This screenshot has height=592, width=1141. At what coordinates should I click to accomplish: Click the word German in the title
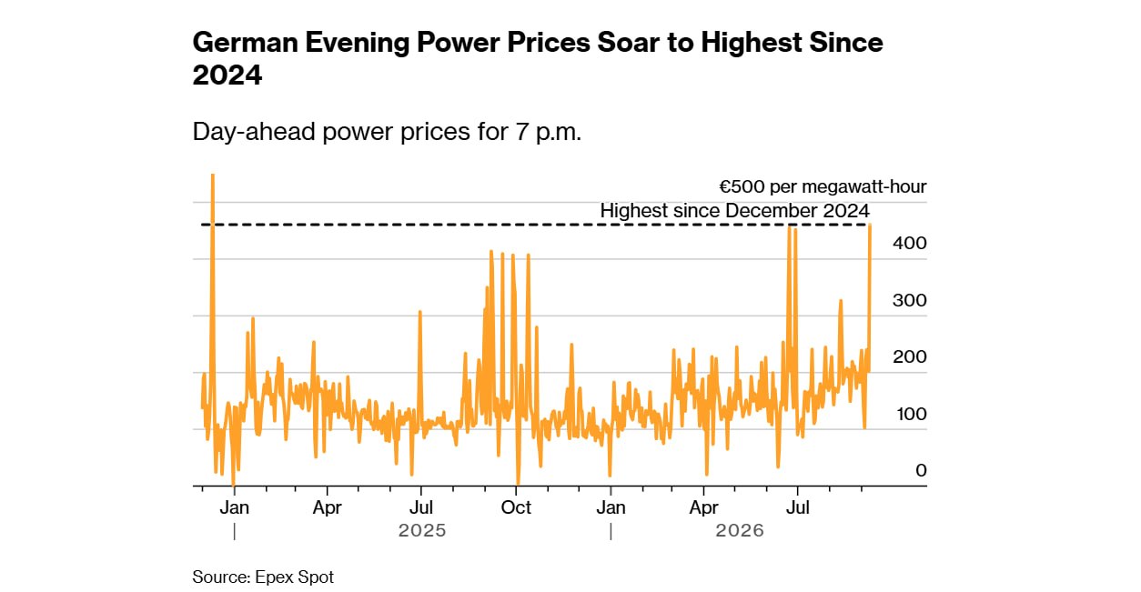pos(245,42)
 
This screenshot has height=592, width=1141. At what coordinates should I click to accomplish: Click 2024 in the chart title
pos(227,75)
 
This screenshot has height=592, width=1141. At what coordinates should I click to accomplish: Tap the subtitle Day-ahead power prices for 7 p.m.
pos(387,132)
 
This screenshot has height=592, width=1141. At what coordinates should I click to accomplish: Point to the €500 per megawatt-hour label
pos(823,186)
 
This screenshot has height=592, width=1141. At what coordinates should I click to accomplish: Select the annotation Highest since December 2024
pos(734,211)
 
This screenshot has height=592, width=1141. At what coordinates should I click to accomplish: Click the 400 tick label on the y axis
pos(909,244)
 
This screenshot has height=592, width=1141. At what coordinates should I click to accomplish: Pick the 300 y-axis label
pos(909,300)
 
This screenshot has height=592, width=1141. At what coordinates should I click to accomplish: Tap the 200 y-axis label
pos(909,356)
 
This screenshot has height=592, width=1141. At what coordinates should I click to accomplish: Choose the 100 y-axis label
pos(912,414)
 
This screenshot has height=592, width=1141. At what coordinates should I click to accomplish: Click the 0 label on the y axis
pos(921,470)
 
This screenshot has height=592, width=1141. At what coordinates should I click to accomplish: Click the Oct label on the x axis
pos(516,507)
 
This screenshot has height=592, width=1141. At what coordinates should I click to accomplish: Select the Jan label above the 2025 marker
pos(235,507)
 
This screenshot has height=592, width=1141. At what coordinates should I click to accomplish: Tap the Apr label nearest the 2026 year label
pos(703,507)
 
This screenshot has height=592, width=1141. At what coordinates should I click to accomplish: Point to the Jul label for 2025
pos(421,507)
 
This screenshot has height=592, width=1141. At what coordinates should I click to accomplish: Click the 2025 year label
pos(422,530)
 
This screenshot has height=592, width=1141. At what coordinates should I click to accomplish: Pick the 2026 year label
pos(740,530)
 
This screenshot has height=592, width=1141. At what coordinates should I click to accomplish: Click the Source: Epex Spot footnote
pos(263,577)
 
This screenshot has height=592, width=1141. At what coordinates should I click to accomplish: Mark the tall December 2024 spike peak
pos(212,175)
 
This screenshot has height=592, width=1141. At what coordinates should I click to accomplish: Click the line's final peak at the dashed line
pos(870,225)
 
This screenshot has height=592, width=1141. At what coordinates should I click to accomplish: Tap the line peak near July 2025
pos(420,311)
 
